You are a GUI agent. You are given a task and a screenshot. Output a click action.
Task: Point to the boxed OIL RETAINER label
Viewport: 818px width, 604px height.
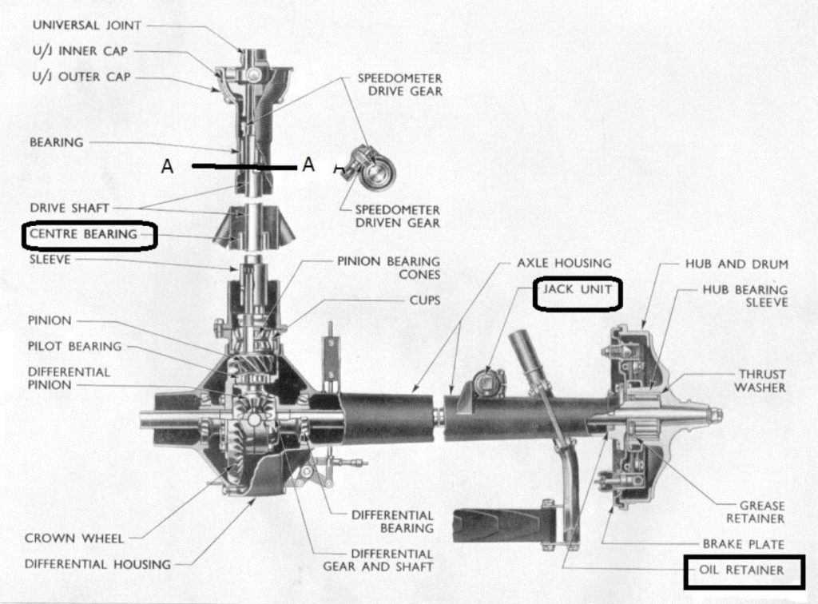point(741,570)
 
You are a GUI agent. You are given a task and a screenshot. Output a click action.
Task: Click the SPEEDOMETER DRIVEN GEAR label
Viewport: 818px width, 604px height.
point(397,217)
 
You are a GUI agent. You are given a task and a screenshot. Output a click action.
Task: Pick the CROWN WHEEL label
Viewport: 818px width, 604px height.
point(73,538)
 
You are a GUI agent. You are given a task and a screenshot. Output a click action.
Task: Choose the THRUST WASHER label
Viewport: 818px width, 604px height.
point(762,380)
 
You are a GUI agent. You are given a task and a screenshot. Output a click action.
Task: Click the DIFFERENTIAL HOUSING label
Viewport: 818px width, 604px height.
point(97,564)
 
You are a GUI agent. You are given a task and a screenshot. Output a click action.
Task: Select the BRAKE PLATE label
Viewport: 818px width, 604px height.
point(743,544)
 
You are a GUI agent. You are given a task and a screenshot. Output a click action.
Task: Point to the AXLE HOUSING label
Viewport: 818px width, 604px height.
point(564,262)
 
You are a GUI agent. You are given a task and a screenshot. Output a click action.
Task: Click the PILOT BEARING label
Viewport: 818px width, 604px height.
point(74,346)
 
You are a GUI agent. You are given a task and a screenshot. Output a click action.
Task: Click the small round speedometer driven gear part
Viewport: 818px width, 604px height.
point(371,169)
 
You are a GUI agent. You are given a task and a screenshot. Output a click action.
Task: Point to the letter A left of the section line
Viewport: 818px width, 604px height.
point(167,166)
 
